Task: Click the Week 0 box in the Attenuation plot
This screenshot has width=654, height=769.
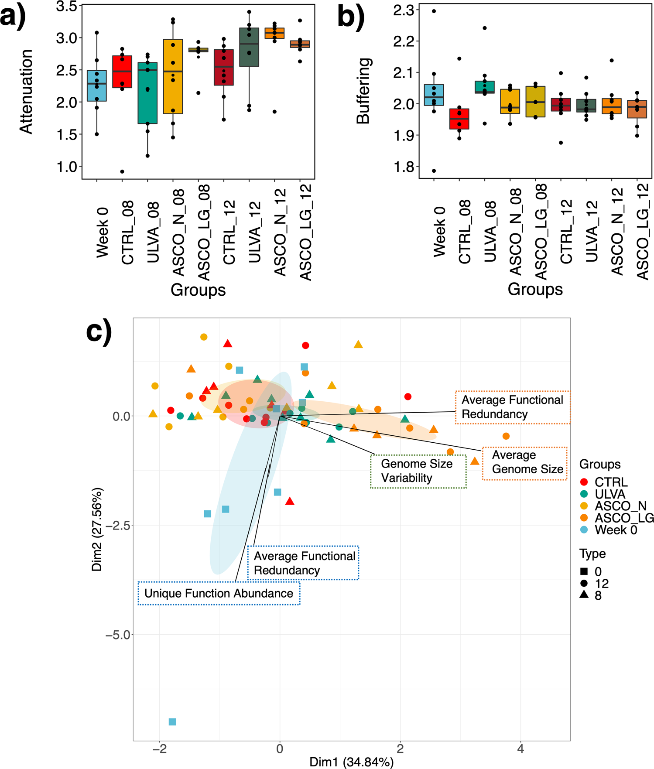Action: coord(97,86)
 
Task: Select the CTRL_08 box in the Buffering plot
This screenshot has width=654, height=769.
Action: coord(459,119)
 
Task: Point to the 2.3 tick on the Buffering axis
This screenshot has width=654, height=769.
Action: coord(403,10)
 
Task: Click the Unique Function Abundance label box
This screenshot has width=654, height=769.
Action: coord(219,593)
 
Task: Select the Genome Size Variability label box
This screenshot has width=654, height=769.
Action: coord(418,471)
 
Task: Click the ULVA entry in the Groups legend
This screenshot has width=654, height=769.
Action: coord(609,494)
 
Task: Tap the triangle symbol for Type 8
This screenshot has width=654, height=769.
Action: coord(584,595)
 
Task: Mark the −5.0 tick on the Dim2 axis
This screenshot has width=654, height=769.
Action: coord(118,635)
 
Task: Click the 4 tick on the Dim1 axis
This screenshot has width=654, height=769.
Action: coord(520,749)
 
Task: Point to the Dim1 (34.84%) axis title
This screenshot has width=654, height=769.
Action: coord(351,762)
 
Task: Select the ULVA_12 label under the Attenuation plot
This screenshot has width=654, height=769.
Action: coord(254,232)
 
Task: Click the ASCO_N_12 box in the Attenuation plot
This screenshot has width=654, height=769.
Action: coord(274,34)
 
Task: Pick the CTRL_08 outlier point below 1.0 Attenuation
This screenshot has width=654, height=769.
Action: coord(122,171)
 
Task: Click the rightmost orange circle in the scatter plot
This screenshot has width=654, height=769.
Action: coord(506,436)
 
